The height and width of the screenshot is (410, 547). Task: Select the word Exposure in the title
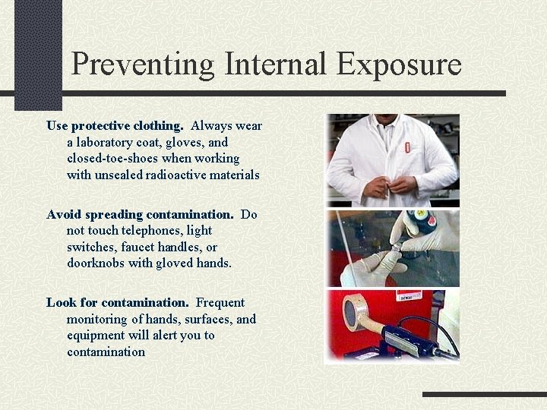(399, 65)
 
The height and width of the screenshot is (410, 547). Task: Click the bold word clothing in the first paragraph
(157, 125)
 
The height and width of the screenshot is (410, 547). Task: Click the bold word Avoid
(63, 214)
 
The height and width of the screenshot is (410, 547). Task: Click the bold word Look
(61, 302)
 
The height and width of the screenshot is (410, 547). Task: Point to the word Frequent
(220, 302)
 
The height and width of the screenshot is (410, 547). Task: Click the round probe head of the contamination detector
(356, 312)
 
